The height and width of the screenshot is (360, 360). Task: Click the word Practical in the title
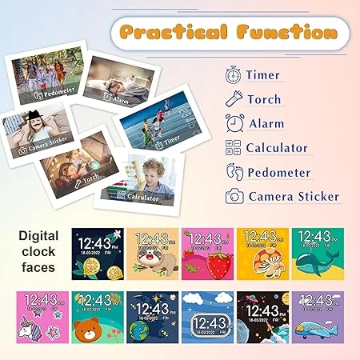tap(173, 33)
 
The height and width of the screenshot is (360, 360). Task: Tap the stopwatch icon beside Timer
tap(234, 75)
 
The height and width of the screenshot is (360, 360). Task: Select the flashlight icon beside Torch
tap(234, 100)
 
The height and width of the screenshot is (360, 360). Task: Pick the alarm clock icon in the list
tap(234, 124)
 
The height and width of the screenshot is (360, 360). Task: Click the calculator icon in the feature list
tap(234, 148)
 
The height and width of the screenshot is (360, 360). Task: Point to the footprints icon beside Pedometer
tap(234, 172)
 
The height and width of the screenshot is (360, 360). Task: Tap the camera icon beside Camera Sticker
tap(234, 196)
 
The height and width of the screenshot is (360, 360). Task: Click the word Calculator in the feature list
tap(277, 148)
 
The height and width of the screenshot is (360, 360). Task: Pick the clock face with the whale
tap(318, 253)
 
